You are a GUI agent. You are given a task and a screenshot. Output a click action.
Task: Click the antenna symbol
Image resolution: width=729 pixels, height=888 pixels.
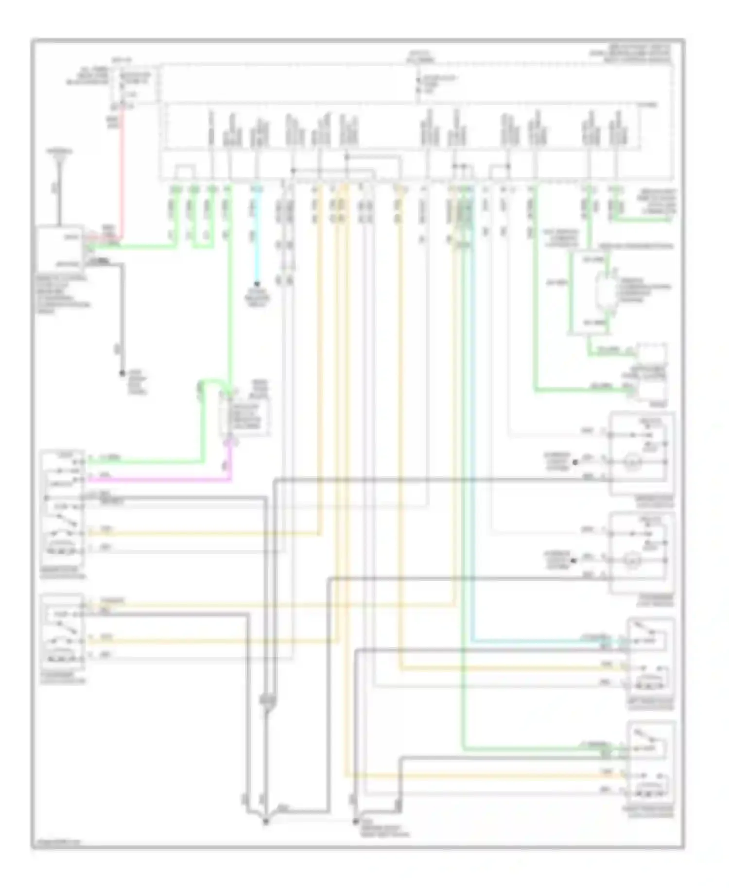(60, 160)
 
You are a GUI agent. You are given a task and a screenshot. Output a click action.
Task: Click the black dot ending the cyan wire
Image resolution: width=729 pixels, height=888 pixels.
(257, 284)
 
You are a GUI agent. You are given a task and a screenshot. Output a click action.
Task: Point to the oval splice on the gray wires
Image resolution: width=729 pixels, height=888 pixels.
(267, 700)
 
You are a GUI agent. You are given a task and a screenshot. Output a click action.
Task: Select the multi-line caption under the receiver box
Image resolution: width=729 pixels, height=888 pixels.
(63, 294)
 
